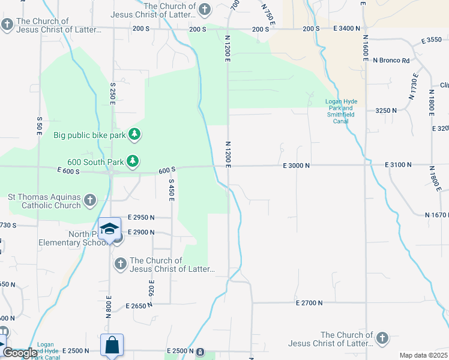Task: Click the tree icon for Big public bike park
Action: click(x=135, y=134)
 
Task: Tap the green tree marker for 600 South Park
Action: click(x=133, y=161)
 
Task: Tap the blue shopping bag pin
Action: click(x=112, y=346)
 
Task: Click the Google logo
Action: click(x=20, y=353)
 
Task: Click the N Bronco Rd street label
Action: click(x=391, y=61)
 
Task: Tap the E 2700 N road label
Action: click(x=310, y=303)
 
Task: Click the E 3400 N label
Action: click(x=346, y=28)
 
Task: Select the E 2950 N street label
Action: click(x=141, y=217)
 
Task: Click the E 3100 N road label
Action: click(x=399, y=164)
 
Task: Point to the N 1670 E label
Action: click(x=436, y=215)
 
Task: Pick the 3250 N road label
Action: click(x=386, y=110)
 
